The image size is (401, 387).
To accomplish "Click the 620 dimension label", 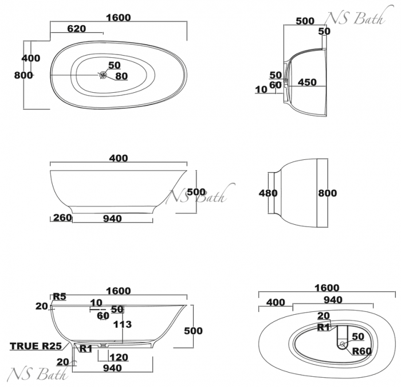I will pyautogui.click(x=76, y=28).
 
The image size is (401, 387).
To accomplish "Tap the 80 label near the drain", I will pyautogui.click(x=121, y=76).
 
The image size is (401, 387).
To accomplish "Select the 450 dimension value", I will pyautogui.click(x=307, y=83).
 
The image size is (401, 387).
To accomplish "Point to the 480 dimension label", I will pyautogui.click(x=268, y=193).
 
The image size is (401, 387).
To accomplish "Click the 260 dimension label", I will pyautogui.click(x=62, y=218).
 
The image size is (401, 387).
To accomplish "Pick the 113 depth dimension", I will pyautogui.click(x=122, y=325).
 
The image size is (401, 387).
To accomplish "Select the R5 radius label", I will pyautogui.click(x=60, y=296).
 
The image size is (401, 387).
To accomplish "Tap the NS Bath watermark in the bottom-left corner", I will pyautogui.click(x=37, y=374).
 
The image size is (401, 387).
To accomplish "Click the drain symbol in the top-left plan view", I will pyautogui.click(x=103, y=75).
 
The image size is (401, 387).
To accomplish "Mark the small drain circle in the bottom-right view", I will pyautogui.click(x=342, y=344).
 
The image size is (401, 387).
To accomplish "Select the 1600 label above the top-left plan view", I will pyautogui.click(x=118, y=17).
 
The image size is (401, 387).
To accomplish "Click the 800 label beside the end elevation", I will pyautogui.click(x=328, y=193).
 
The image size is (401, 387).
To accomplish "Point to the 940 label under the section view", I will pyautogui.click(x=112, y=368).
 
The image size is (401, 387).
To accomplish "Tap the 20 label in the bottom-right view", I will pyautogui.click(x=324, y=316).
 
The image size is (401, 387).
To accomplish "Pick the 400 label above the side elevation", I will pyautogui.click(x=118, y=158).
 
